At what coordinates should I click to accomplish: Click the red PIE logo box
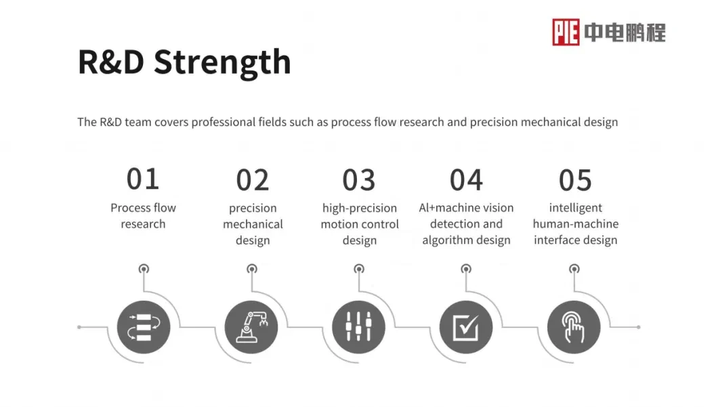pyautogui.click(x=566, y=32)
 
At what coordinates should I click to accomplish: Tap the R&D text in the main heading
pyautogui.click(x=111, y=62)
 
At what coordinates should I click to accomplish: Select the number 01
pyautogui.click(x=143, y=179)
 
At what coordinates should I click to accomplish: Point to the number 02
pyautogui.click(x=252, y=180)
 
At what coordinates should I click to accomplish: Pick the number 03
pyautogui.click(x=359, y=180)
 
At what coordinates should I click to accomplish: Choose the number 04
pyautogui.click(x=466, y=180)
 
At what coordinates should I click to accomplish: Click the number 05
pyautogui.click(x=575, y=180)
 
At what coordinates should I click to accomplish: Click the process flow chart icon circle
pyautogui.click(x=144, y=327)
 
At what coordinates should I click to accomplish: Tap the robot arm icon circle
pyautogui.click(x=251, y=327)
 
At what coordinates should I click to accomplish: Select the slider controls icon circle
pyautogui.click(x=358, y=327)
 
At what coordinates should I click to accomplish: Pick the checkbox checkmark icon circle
pyautogui.click(x=466, y=327)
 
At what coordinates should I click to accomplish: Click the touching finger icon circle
pyautogui.click(x=574, y=327)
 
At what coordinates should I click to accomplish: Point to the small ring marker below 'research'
pyautogui.click(x=144, y=269)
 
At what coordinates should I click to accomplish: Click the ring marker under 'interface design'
pyautogui.click(x=574, y=269)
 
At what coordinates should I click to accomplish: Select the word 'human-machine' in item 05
pyautogui.click(x=576, y=224)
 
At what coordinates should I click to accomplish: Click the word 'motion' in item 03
pyautogui.click(x=337, y=224)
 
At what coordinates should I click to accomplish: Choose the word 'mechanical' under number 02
pyautogui.click(x=253, y=224)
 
